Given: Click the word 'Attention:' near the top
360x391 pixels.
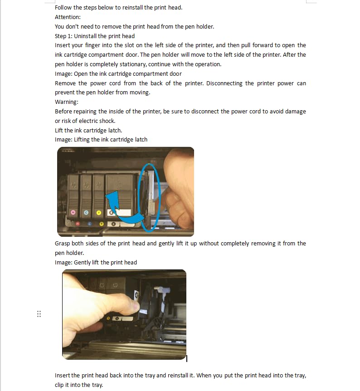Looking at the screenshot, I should pos(68,17).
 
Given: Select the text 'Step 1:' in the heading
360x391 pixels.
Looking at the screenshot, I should pos(63,36).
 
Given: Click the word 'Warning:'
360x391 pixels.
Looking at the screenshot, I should pos(67,102).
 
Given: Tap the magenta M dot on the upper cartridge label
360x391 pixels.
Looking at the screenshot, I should pos(73,212).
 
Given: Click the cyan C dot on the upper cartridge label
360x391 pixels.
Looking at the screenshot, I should pos(86,212).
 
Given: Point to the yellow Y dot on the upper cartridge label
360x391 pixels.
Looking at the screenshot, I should pos(99,212).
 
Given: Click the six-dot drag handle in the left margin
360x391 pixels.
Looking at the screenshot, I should pos(39,314).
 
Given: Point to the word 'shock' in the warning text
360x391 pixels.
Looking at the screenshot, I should pos(107,121).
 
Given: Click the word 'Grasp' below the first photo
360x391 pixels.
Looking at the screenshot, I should pos(63,244).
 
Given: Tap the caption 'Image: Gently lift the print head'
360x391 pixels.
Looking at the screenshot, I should pos(96,262).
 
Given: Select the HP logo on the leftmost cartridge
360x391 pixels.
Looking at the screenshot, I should pos(73,186).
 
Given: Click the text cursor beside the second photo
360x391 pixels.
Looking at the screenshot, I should pos(187,358).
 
